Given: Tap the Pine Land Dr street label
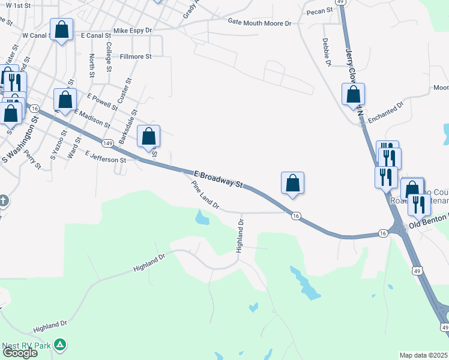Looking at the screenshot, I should pyautogui.click(x=205, y=196).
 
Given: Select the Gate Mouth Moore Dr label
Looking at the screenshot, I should pyautogui.click(x=259, y=23).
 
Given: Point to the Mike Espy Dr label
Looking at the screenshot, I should pyautogui.click(x=133, y=29).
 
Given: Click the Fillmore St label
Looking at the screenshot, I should pyautogui.click(x=136, y=56).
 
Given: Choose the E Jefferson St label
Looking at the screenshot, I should pyautogui.click(x=106, y=157).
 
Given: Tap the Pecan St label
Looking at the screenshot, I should pyautogui.click(x=319, y=11).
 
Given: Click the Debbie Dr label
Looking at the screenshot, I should pyautogui.click(x=327, y=52).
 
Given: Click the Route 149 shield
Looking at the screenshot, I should pyautogui.click(x=108, y=143).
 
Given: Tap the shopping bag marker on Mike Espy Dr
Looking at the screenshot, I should pyautogui.click(x=61, y=29).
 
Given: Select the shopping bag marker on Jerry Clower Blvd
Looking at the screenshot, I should pyautogui.click(x=353, y=95).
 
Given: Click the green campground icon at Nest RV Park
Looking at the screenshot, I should pyautogui.click(x=59, y=344).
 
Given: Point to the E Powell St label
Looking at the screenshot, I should pyautogui.click(x=102, y=101).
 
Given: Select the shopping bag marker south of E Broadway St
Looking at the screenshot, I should pyautogui.click(x=292, y=184).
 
